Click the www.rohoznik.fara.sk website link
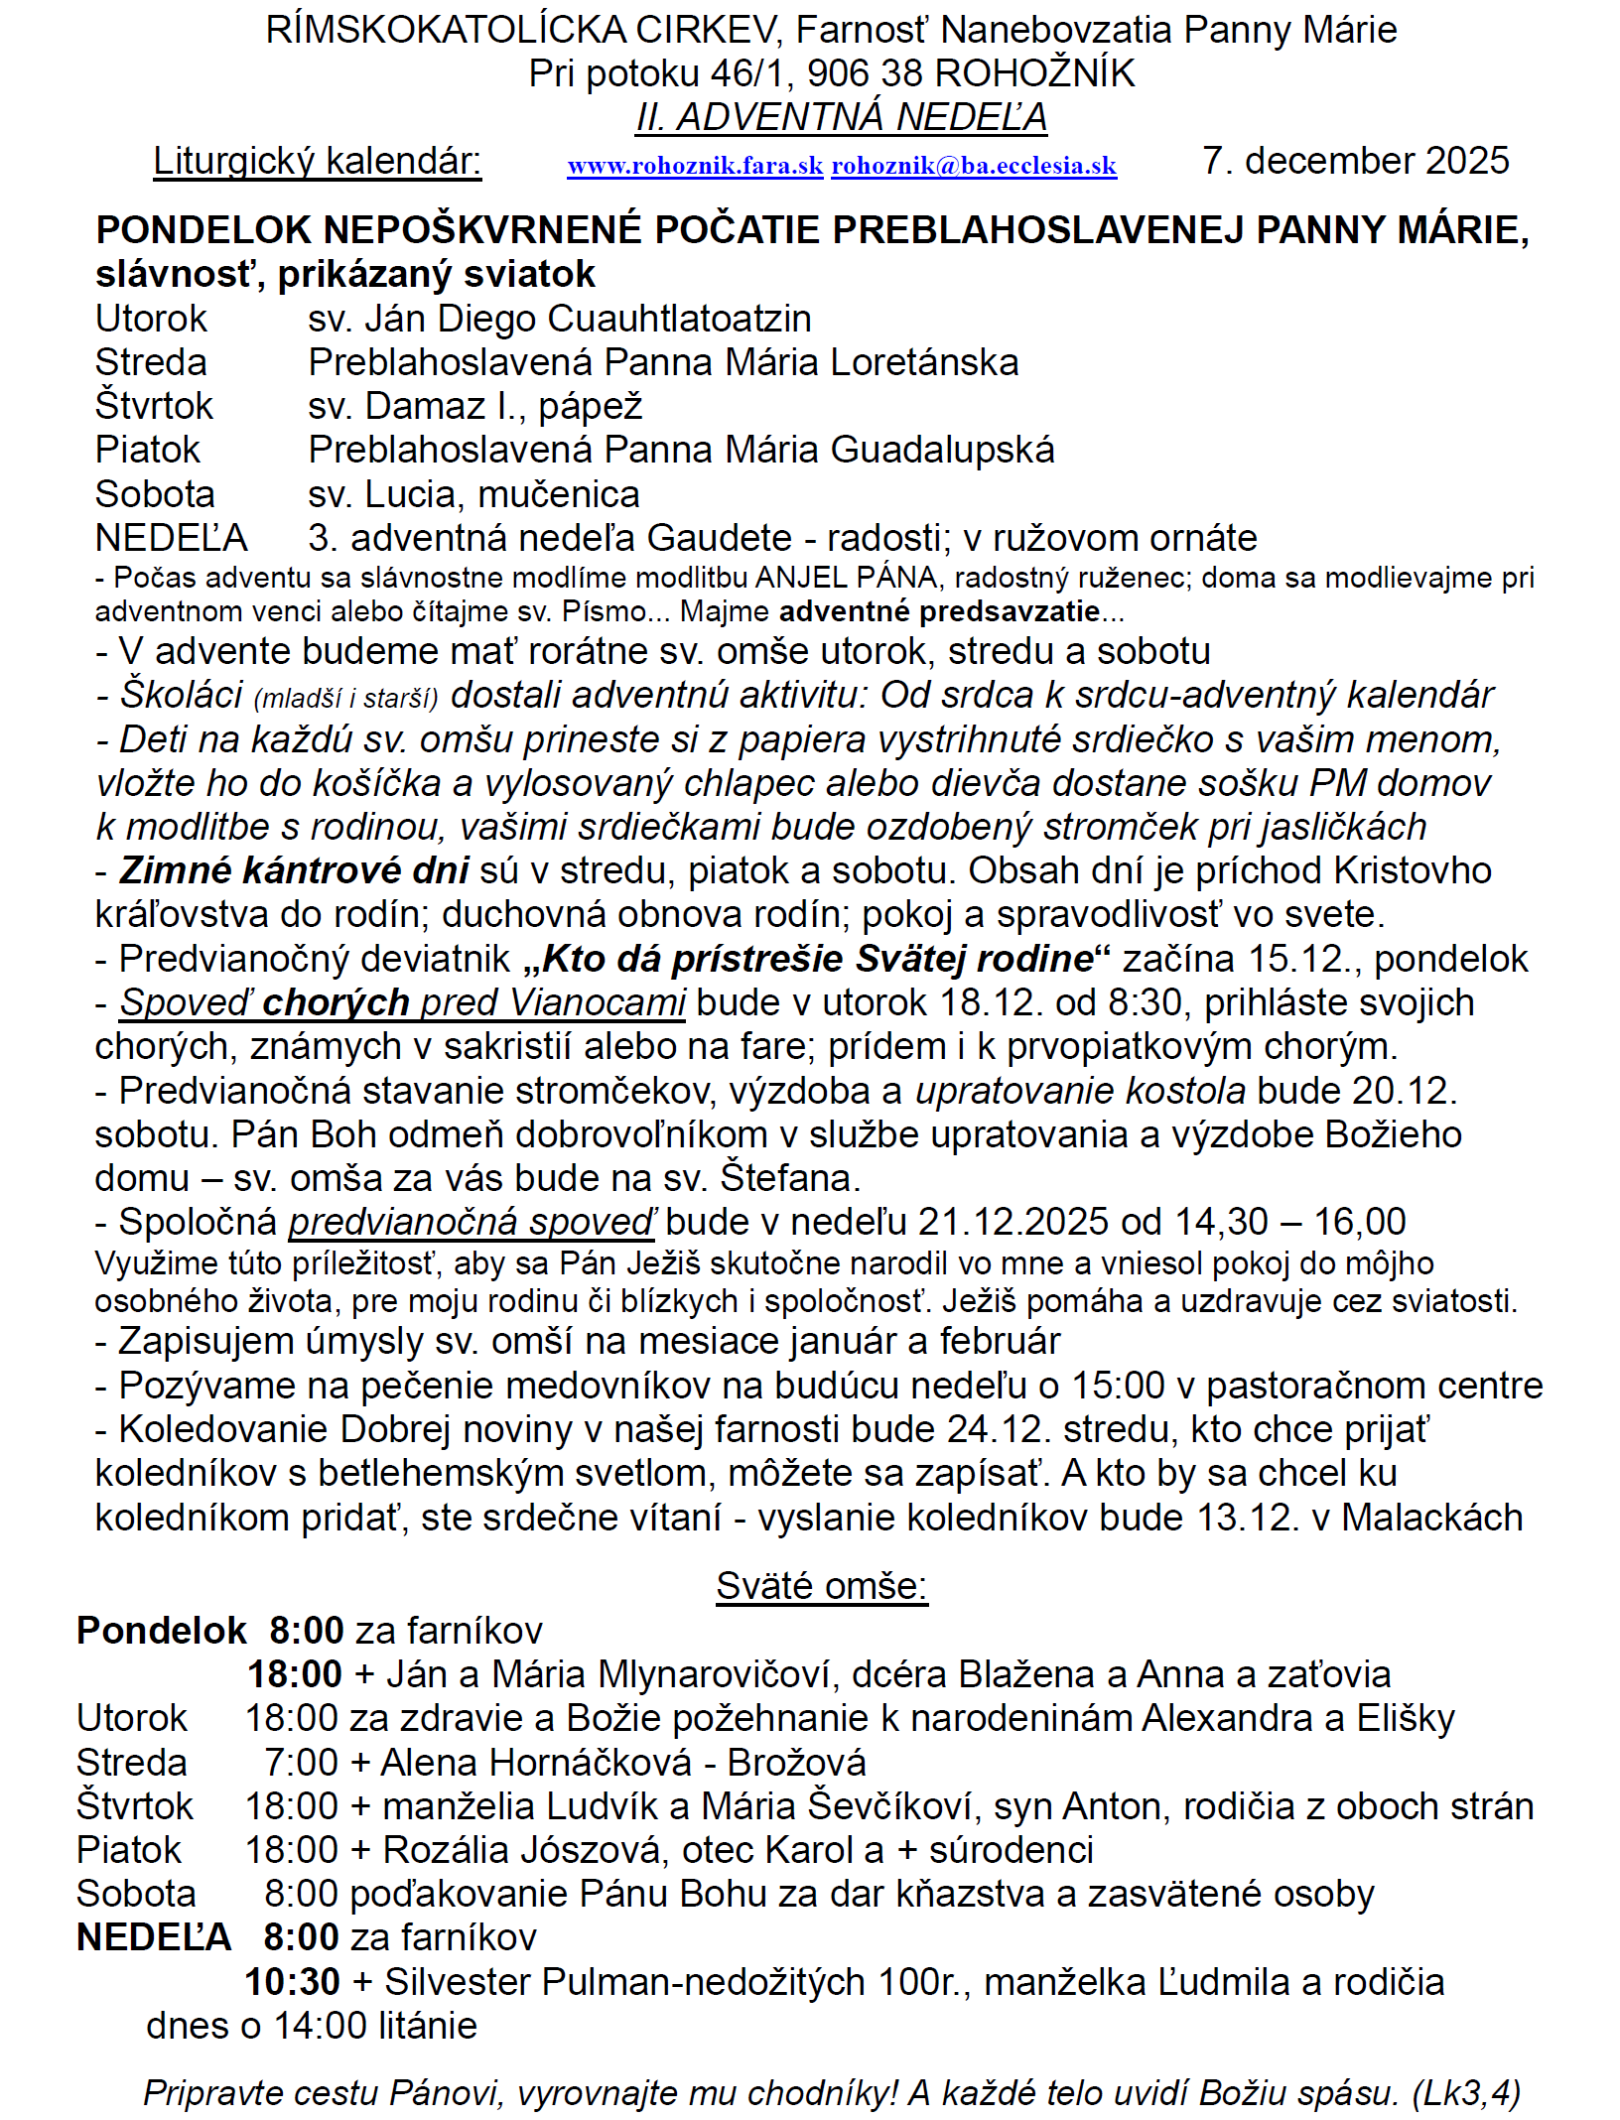[x=695, y=166]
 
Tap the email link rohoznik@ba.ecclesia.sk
[x=974, y=166]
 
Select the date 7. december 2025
[x=1355, y=161]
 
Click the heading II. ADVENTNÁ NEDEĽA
[x=842, y=117]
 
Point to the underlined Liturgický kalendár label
[x=317, y=161]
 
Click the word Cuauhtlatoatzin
[x=679, y=319]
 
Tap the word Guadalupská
[x=942, y=450]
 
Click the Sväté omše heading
[x=822, y=1586]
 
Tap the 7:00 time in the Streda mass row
[x=301, y=1763]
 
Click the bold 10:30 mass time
[x=293, y=1982]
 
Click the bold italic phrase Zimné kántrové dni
[x=294, y=870]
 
